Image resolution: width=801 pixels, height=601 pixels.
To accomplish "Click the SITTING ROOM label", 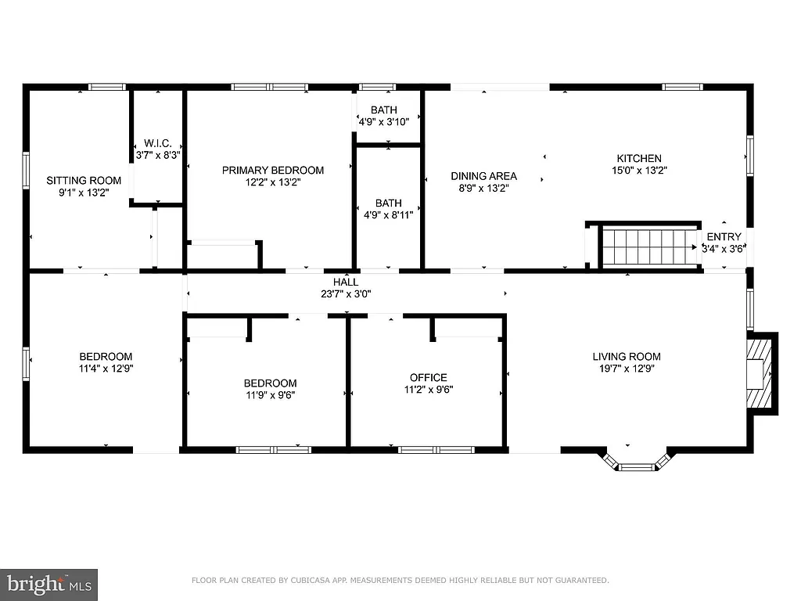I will pos(84,180).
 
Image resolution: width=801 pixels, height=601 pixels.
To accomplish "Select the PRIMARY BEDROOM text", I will pos(272,170).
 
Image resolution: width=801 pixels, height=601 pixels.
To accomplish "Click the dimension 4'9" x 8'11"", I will pos(388,214).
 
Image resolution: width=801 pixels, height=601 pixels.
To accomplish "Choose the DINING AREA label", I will pos(483,176).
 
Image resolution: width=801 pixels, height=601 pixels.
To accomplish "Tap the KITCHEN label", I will pos(639,158).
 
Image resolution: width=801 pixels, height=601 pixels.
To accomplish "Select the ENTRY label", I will pos(724,237).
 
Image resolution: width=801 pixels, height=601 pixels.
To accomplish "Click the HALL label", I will pos(346,282).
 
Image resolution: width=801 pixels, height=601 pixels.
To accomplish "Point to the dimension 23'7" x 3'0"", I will pos(346,294).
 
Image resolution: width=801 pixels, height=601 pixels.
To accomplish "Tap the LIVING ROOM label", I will pos(626,357).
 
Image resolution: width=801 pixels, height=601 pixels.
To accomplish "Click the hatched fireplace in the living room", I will pos(763,373).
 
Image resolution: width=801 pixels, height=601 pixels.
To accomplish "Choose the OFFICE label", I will pos(429,377).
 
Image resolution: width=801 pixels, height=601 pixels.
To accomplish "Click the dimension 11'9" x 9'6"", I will pos(270,394).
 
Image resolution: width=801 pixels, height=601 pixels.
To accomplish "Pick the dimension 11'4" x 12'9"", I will pos(105,369).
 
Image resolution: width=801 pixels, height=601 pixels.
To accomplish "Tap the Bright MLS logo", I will pos(48,584).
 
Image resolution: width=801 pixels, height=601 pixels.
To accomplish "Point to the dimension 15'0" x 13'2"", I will pos(639,170).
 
